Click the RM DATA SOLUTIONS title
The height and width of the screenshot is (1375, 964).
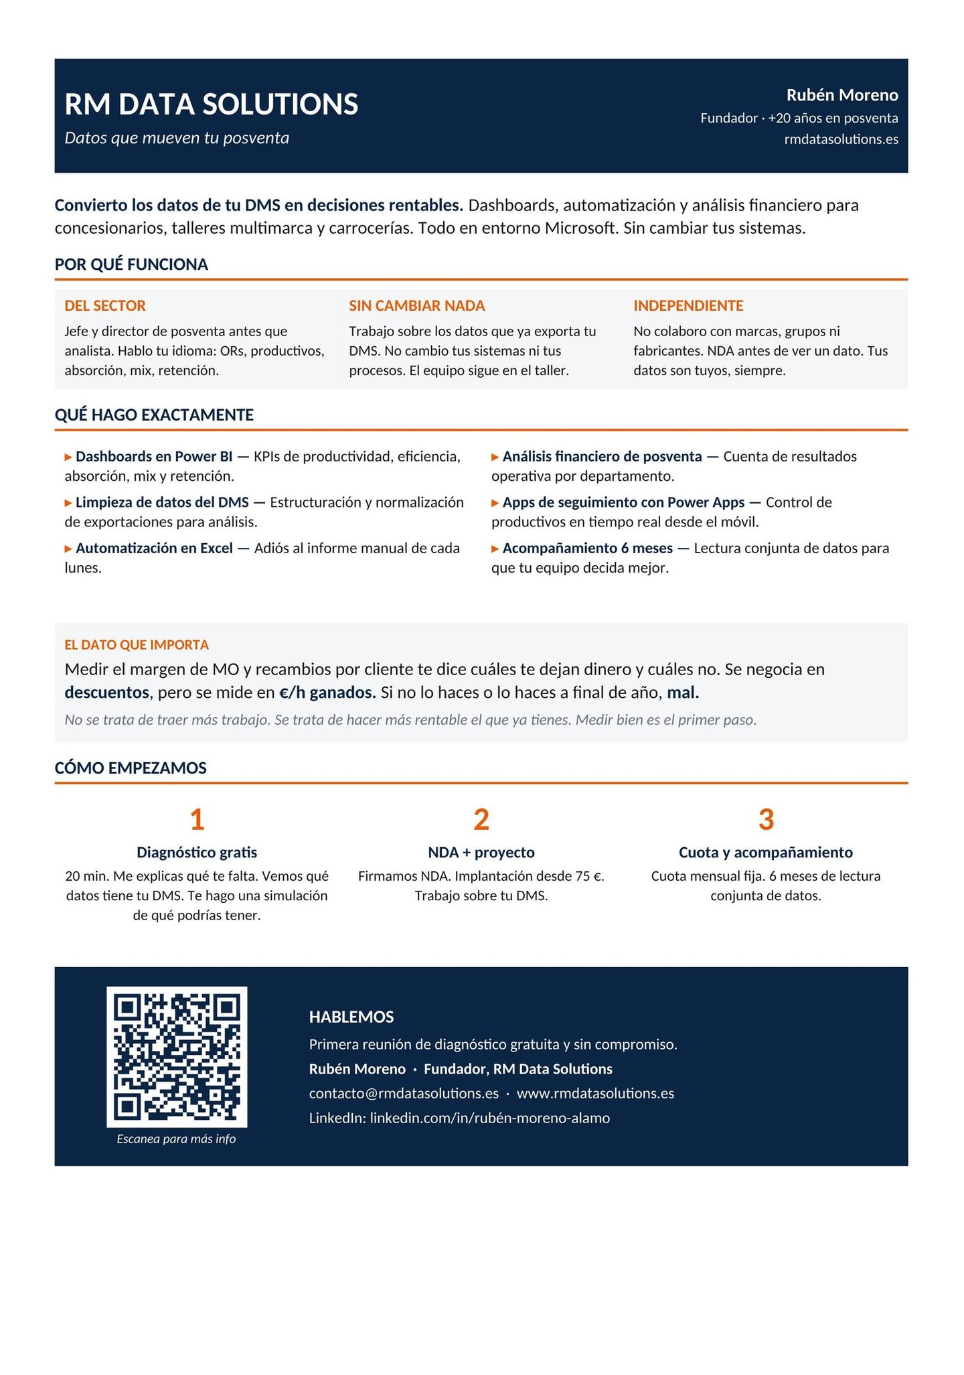coord(211,104)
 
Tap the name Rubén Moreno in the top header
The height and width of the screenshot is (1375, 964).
coord(841,95)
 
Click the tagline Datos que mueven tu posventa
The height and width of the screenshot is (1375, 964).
coord(177,138)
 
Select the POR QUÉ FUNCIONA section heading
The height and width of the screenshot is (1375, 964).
coord(131,265)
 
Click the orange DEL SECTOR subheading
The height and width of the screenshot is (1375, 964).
coord(105,306)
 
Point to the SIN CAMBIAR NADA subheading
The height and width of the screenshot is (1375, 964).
coord(416,306)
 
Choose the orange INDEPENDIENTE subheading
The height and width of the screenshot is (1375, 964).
coord(688,306)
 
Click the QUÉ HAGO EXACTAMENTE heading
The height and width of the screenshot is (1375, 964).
coord(154,415)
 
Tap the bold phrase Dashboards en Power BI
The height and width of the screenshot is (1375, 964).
coord(154,457)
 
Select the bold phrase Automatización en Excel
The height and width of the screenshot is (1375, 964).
coord(154,549)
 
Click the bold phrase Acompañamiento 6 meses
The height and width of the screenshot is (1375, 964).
coord(587,549)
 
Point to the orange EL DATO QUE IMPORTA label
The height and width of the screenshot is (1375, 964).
coord(137,645)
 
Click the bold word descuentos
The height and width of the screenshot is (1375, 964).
coord(106,693)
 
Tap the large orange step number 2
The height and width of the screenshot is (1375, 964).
coord(481,820)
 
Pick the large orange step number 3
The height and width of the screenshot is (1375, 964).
coord(766,820)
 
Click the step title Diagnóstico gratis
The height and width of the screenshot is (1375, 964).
coord(197,853)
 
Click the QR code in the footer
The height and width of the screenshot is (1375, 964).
coord(177,1056)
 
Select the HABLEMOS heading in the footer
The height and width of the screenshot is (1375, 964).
coord(351,1017)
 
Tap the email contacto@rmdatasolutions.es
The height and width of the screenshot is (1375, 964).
coord(404,1094)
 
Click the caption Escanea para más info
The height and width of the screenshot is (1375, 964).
coord(176,1139)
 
